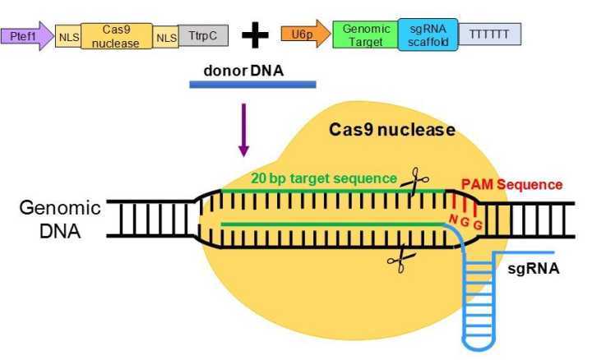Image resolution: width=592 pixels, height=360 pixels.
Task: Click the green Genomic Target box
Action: point(365,35)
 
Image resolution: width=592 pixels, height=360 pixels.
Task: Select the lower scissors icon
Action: point(398,261)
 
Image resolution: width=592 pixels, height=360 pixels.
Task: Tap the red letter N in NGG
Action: point(452,218)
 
